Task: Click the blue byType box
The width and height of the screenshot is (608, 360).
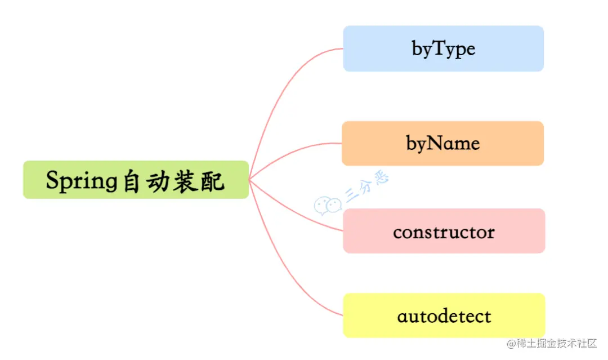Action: pyautogui.click(x=443, y=48)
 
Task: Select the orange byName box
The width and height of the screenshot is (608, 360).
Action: pyautogui.click(x=443, y=143)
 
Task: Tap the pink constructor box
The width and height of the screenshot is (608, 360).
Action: pyautogui.click(x=444, y=231)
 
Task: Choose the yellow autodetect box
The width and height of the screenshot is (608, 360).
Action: pyautogui.click(x=444, y=315)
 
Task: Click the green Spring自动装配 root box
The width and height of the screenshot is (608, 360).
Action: pyautogui.click(x=136, y=180)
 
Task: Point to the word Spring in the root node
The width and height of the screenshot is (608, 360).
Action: pyautogui.click(x=81, y=181)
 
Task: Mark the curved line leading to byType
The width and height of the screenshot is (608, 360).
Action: pyautogui.click(x=281, y=90)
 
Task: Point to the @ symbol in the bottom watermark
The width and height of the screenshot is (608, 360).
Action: pyautogui.click(x=511, y=344)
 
